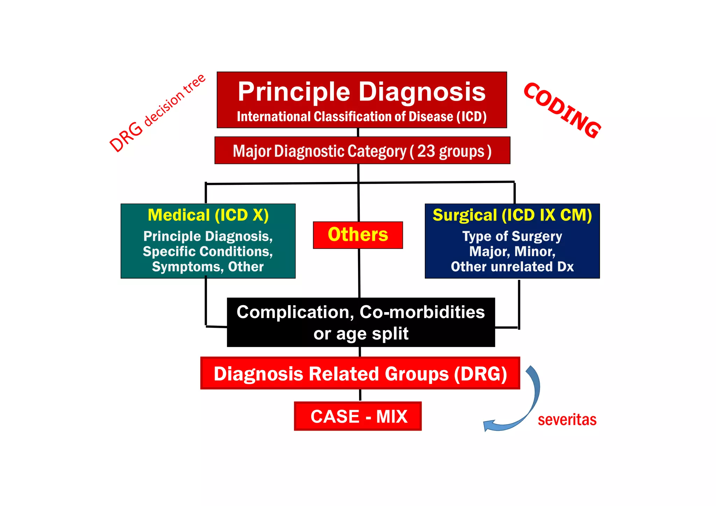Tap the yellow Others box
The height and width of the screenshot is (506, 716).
358,234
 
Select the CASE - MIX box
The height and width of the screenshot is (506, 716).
358,416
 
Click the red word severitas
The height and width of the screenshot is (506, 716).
567,420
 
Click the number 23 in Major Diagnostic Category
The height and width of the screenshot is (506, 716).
426,151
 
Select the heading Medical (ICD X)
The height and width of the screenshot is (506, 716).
208,215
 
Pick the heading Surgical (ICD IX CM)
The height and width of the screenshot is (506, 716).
512,215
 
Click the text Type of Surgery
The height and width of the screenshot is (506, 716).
512,237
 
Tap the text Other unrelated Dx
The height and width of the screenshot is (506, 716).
512,267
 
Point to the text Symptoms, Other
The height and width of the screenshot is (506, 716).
208,267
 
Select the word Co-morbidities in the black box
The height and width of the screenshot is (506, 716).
422,312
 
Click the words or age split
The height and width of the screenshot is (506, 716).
361,333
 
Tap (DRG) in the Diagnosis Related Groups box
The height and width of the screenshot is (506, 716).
480,374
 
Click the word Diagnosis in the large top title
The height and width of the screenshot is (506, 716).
422,92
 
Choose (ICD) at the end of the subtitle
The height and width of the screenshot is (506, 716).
471,117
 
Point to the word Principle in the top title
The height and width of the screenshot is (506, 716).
294,92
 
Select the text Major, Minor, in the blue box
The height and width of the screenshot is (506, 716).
512,252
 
